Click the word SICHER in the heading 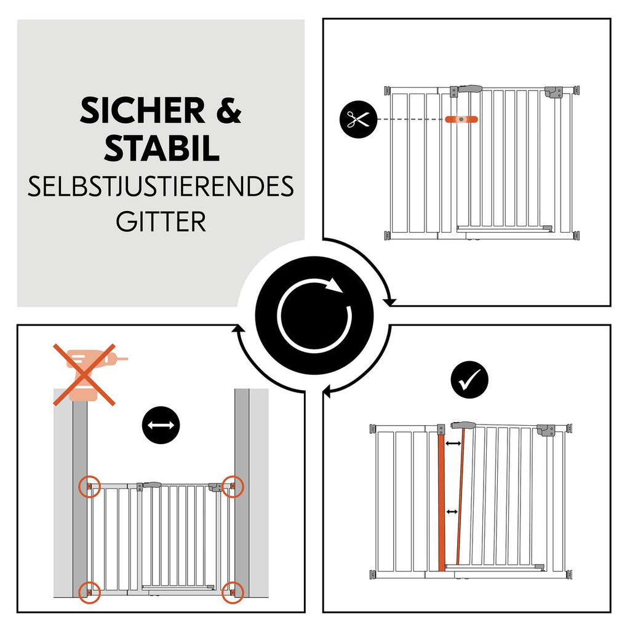click(x=143, y=111)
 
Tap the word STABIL click(x=162, y=148)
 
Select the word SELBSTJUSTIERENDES click(x=161, y=186)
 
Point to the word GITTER click(x=161, y=221)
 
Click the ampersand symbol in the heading click(x=229, y=111)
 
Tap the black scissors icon click(x=359, y=119)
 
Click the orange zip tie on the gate click(x=461, y=119)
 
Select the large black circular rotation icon click(x=314, y=316)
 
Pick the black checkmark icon click(x=469, y=379)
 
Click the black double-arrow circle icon click(x=161, y=425)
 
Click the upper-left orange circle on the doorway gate click(x=89, y=487)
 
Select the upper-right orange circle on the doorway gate click(x=233, y=487)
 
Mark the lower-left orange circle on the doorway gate click(x=89, y=592)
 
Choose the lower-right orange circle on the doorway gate click(x=233, y=592)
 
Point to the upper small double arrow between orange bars click(x=453, y=443)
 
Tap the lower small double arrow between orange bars click(x=452, y=512)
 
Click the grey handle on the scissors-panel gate click(x=471, y=89)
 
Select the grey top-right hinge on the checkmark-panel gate click(x=546, y=430)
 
